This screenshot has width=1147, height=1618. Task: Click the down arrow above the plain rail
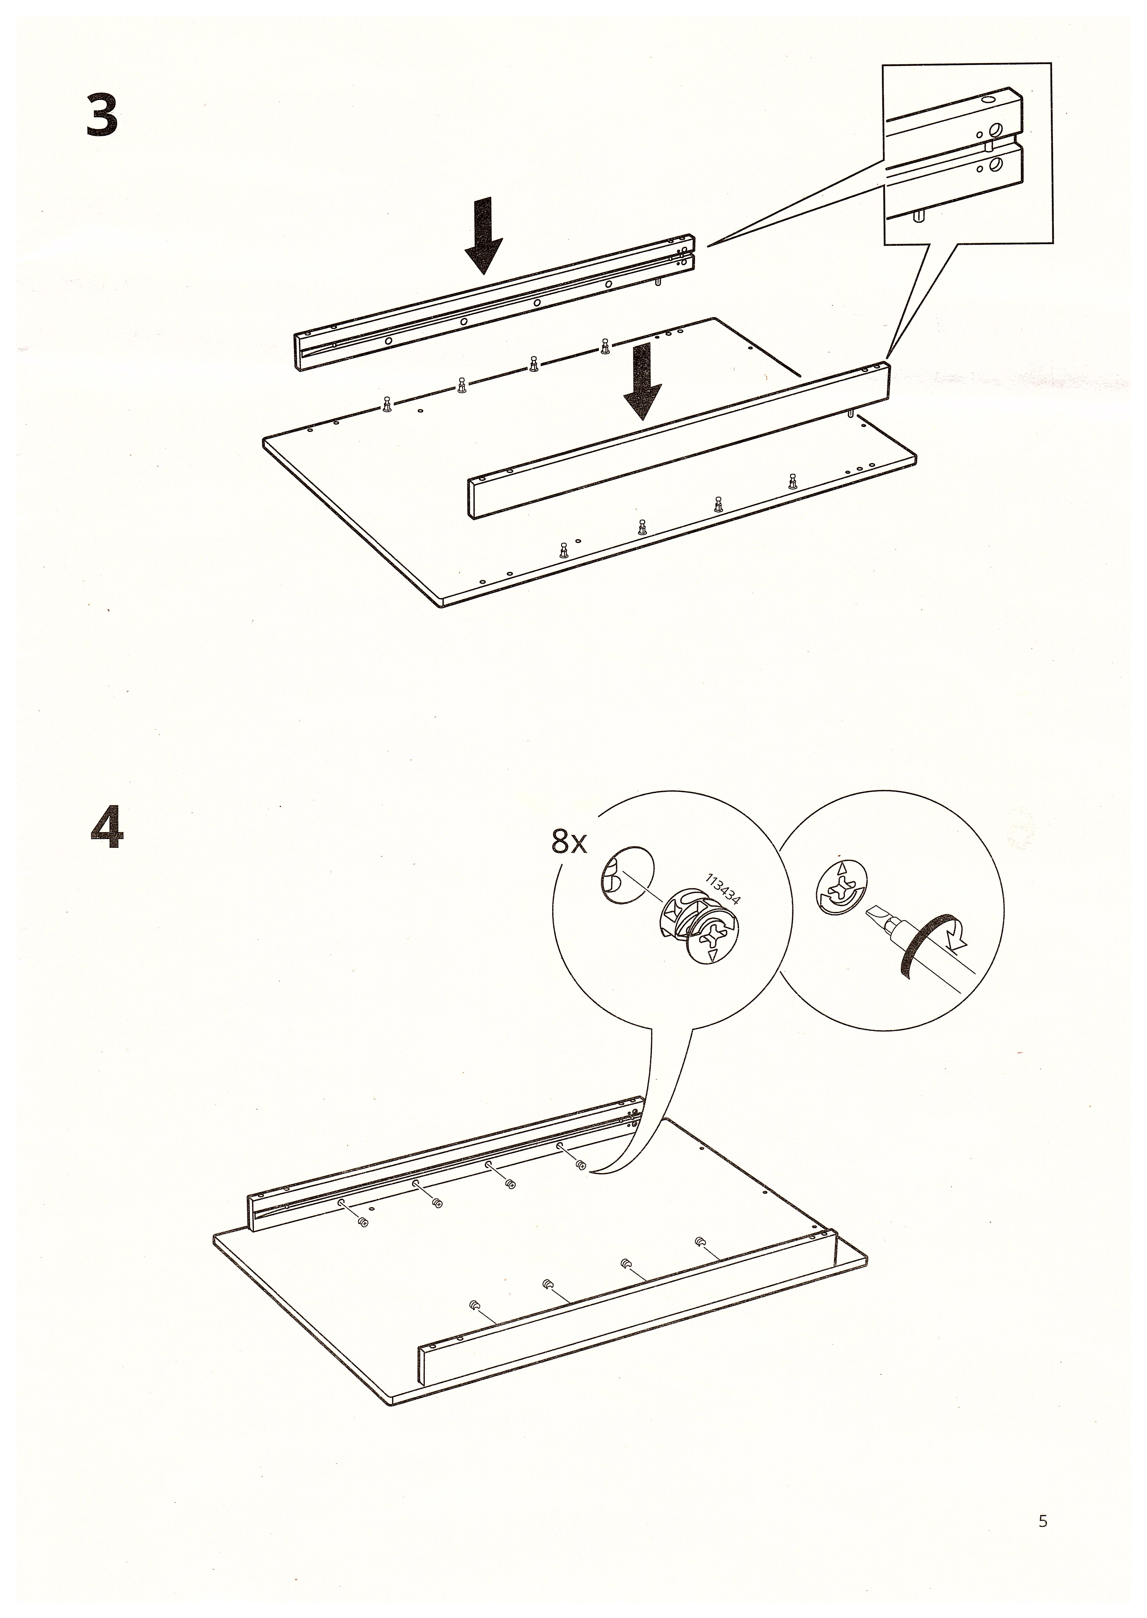[643, 381]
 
